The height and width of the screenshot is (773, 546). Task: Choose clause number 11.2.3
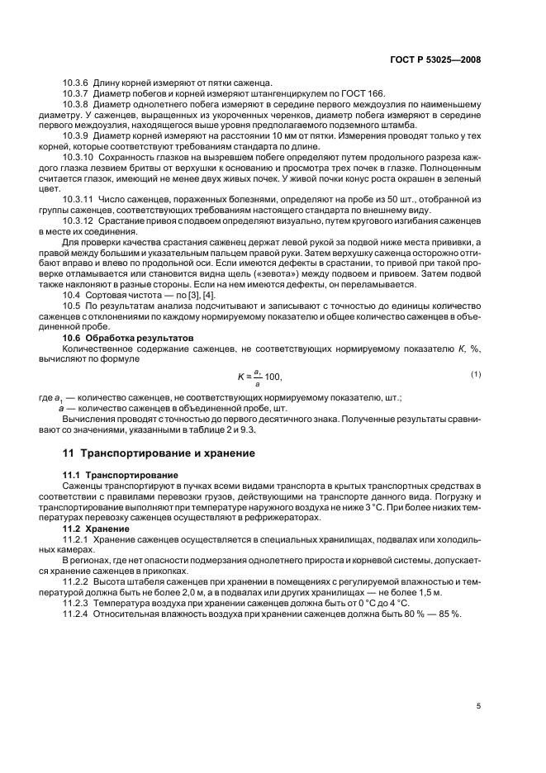[77, 604]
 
